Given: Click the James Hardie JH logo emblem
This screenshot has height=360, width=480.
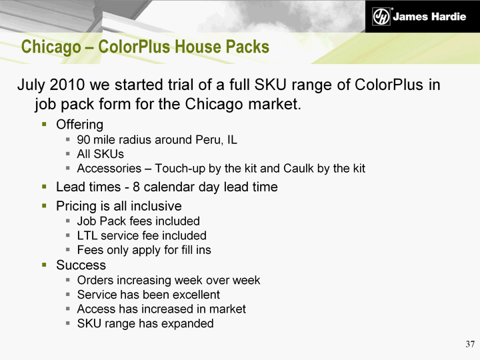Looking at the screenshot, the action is tap(381, 16).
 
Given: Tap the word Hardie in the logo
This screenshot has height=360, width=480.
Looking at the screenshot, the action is tap(448, 17).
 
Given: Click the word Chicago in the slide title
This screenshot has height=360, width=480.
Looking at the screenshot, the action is tap(51, 47).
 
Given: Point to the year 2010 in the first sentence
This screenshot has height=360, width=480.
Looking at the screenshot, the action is tap(67, 85).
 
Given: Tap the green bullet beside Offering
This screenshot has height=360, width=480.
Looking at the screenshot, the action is tap(45, 124).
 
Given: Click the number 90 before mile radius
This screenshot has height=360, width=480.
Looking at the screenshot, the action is tap(83, 139).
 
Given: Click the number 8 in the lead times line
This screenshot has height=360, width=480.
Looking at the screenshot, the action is tap(136, 187).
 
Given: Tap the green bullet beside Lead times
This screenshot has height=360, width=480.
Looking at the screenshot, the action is tap(45, 187).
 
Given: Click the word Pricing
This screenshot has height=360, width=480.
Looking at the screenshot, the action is tap(76, 206).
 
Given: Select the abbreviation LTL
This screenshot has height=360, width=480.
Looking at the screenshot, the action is tap(87, 235).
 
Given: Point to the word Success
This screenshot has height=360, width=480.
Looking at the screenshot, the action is tap(81, 265).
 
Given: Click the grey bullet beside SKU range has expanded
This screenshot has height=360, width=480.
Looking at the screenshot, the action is tap(68, 323).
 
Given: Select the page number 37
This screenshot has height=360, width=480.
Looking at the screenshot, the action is tap(470, 344).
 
